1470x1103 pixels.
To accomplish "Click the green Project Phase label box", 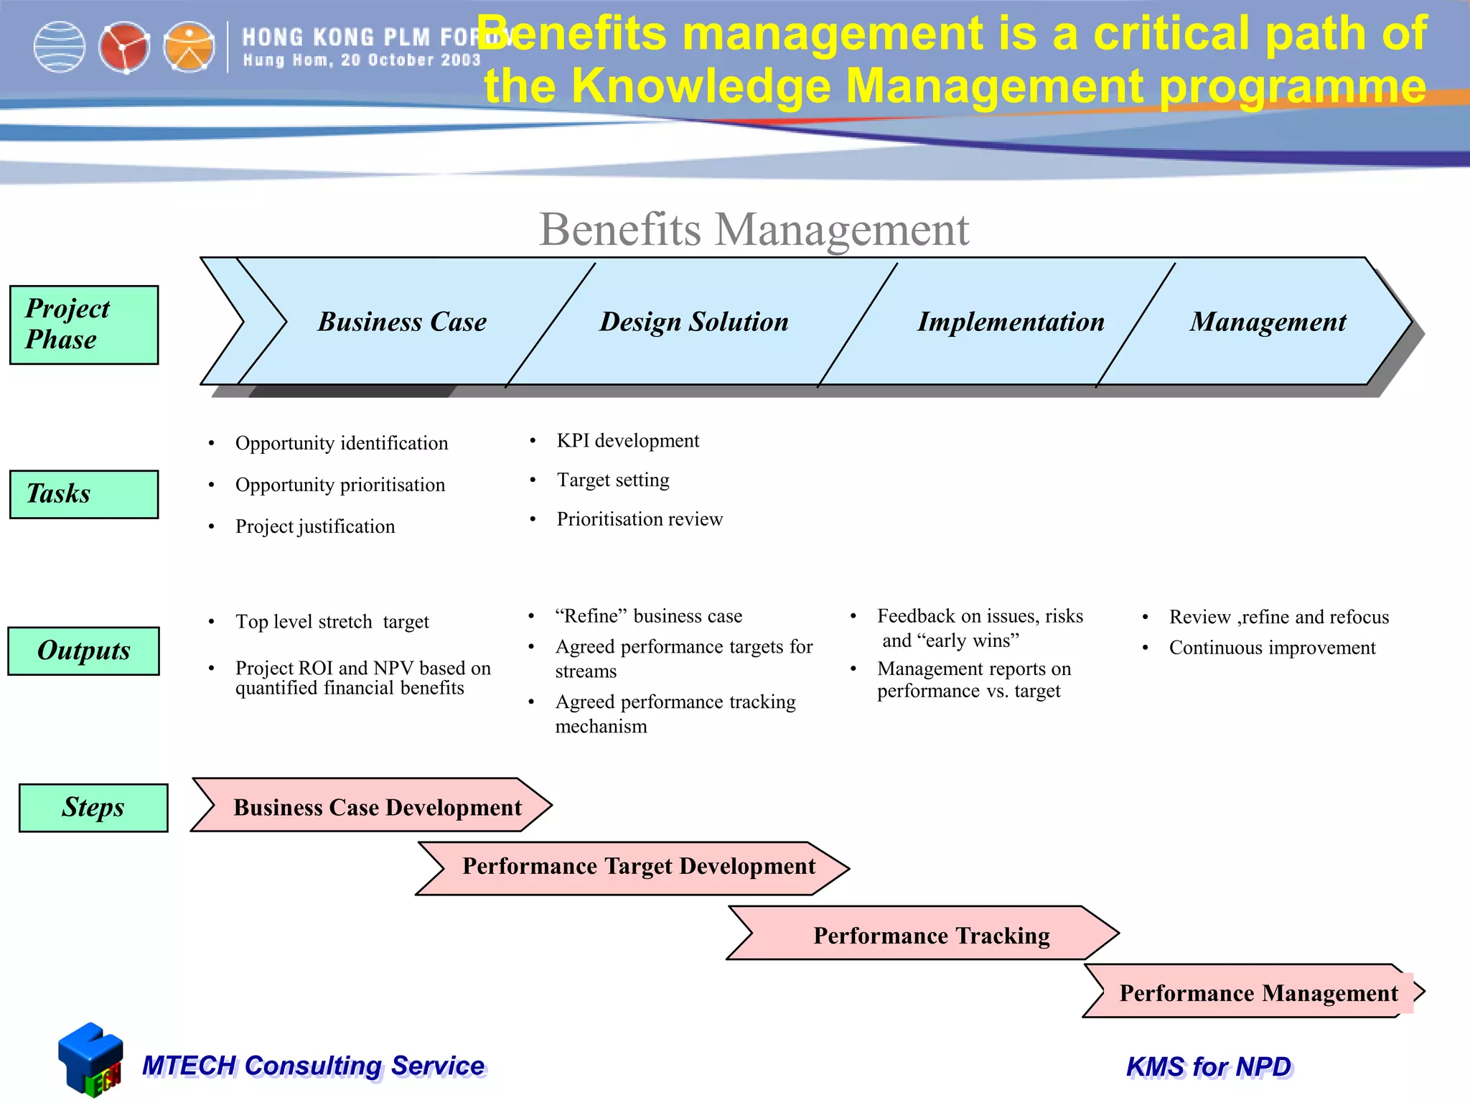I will [x=84, y=325].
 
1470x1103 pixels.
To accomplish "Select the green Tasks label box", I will [x=84, y=494].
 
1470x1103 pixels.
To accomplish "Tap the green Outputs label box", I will [x=84, y=651].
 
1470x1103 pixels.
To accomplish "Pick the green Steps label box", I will [x=93, y=807].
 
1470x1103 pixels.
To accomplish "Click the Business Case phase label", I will [x=402, y=322].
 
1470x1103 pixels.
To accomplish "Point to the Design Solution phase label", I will [x=694, y=322].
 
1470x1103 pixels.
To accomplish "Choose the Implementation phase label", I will [x=1011, y=322].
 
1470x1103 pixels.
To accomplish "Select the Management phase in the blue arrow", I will [x=1268, y=322].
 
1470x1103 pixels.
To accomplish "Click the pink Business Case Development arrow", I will [x=377, y=806].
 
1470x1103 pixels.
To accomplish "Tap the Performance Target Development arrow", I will [x=638, y=867].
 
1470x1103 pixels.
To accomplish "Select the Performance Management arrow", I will [x=1258, y=992].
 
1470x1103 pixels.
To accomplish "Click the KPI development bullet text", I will [x=627, y=440].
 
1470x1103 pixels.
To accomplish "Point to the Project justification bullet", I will [x=314, y=526].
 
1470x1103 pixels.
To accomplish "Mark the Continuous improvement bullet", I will [x=1272, y=648].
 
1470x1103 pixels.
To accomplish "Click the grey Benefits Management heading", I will [x=754, y=230].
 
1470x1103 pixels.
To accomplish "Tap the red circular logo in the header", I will [x=124, y=47].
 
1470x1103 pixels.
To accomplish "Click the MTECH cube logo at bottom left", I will [x=91, y=1059].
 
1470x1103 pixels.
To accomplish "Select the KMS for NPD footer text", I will [x=1209, y=1066].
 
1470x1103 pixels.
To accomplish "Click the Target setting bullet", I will [x=613, y=480].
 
